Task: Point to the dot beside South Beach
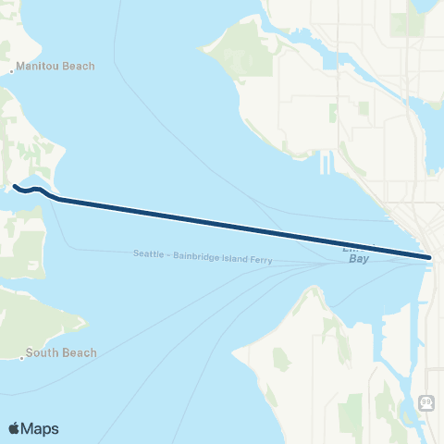[x=21, y=354]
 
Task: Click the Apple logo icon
[x=14, y=428]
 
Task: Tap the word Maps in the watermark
[x=41, y=428]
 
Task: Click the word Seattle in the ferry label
[x=148, y=253]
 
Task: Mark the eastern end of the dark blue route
[x=430, y=257]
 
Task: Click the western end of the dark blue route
[x=15, y=188]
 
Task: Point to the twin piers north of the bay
[x=325, y=165]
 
